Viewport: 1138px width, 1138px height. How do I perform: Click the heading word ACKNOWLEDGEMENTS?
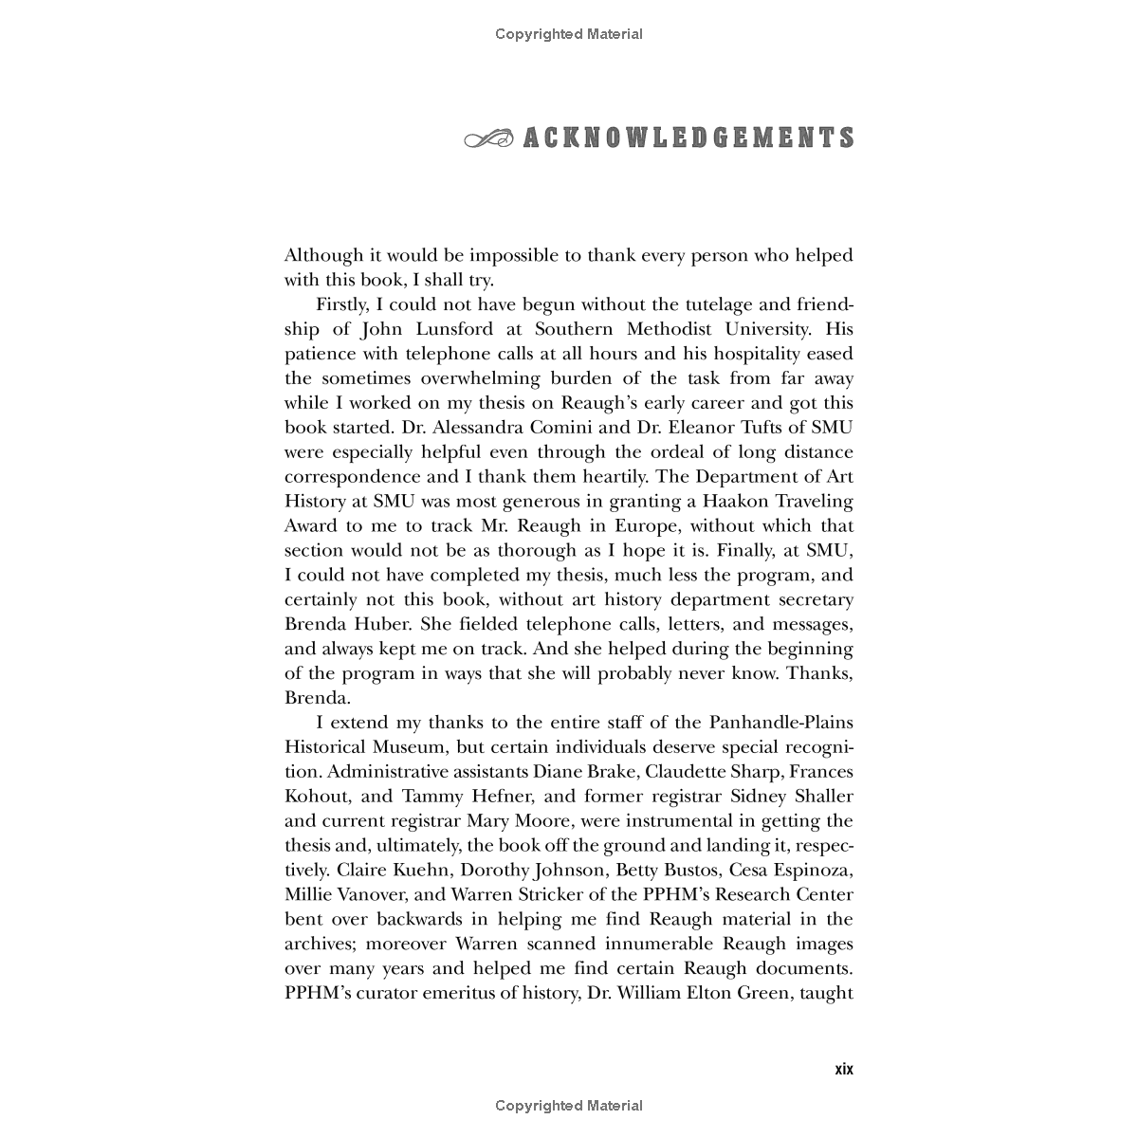coord(688,138)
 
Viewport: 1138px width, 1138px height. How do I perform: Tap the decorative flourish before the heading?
coord(488,139)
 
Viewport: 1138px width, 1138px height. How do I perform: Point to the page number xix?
coord(843,1069)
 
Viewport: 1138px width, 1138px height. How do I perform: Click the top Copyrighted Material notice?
coord(569,34)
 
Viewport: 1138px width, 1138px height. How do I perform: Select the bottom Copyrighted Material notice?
coord(569,1105)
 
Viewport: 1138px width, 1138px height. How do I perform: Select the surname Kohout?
coord(315,797)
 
